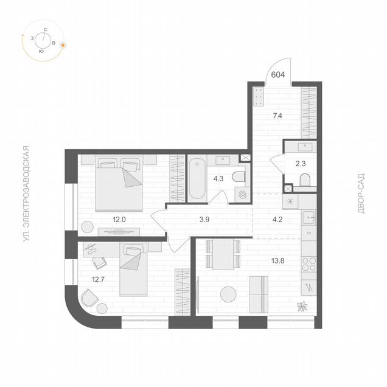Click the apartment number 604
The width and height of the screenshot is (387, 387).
[278, 74]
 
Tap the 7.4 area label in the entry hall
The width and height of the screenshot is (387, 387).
[277, 116]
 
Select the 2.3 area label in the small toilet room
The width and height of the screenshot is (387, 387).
[301, 164]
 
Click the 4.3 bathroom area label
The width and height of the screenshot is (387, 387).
[218, 178]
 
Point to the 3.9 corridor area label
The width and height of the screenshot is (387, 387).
[204, 220]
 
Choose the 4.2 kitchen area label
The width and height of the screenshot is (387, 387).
[277, 220]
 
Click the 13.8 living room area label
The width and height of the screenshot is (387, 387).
[278, 260]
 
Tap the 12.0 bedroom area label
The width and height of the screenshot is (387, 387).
[119, 220]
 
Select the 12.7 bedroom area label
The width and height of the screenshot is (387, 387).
[98, 279]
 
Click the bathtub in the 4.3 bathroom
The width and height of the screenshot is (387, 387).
[197, 178]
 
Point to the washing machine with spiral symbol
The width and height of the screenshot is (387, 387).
[242, 195]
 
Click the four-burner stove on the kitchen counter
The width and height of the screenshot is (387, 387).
[309, 264]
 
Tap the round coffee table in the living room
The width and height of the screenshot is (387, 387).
[228, 294]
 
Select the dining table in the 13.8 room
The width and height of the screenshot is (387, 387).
[223, 254]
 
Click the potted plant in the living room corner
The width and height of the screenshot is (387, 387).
[302, 306]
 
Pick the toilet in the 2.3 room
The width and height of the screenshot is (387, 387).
[305, 180]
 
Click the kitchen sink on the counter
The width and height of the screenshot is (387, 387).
[309, 217]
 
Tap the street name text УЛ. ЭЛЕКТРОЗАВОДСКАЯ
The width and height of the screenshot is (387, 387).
[26, 193]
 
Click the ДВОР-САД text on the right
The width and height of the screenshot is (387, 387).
[361, 193]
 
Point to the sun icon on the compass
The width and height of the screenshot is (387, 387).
[63, 45]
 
